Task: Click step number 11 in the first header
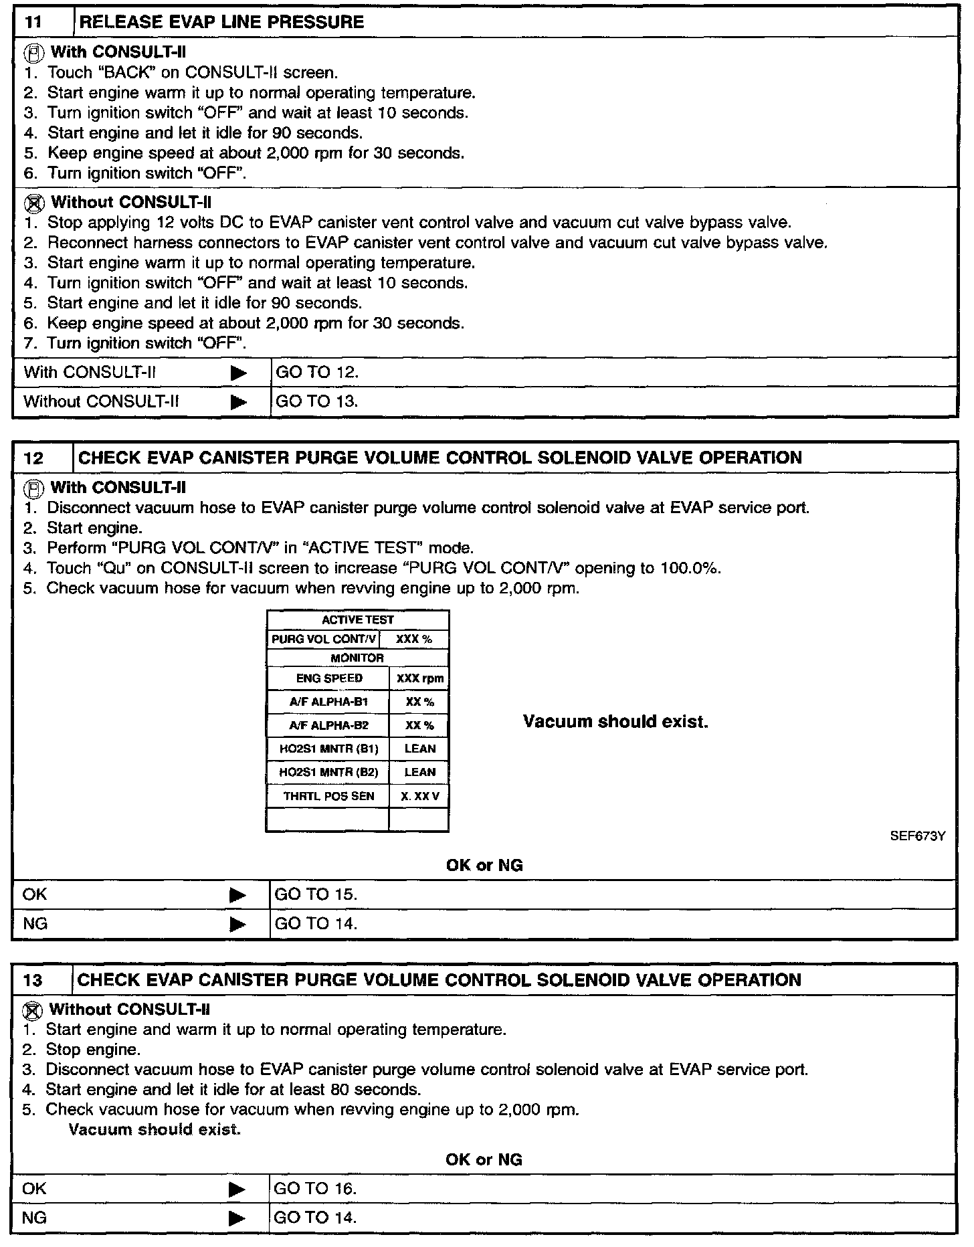point(33,22)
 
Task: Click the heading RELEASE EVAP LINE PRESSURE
point(221,22)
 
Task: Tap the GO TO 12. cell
point(317,373)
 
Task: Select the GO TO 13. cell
point(317,401)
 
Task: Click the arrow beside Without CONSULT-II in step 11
point(238,402)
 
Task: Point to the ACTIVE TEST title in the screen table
point(357,620)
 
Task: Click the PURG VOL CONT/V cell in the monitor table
point(323,640)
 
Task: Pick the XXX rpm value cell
point(419,678)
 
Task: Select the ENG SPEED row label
point(328,678)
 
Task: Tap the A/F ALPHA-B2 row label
point(328,725)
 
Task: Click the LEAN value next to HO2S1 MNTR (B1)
point(419,749)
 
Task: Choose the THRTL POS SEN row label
point(328,796)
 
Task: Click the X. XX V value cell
point(419,796)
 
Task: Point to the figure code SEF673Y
point(918,836)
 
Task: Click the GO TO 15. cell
point(316,894)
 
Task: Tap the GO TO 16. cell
point(316,1189)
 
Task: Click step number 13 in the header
point(32,981)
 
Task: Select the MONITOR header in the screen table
point(357,658)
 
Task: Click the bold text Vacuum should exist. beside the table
point(615,722)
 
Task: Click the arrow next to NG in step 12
point(238,925)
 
